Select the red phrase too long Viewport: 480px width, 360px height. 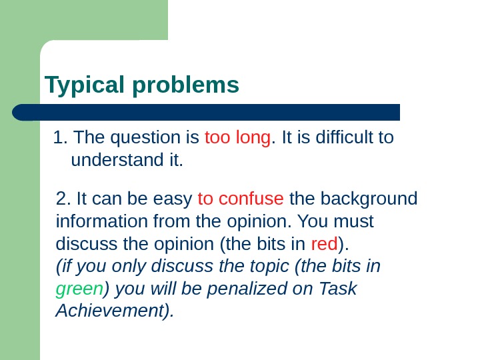pos(238,138)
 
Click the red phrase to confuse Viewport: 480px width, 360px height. pos(241,199)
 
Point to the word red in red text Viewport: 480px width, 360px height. pos(325,244)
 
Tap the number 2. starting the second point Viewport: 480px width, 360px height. pos(65,199)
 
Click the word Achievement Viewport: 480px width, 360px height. pos(114,311)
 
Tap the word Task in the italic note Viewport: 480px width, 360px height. pos(338,289)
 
